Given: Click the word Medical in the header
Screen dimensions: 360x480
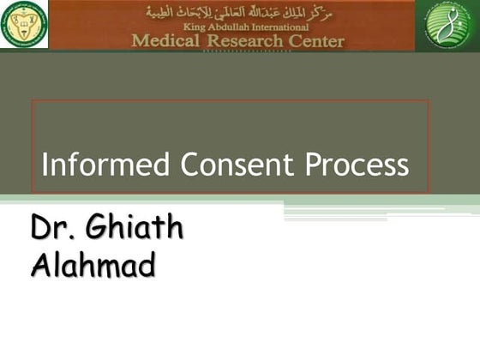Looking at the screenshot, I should [x=169, y=40].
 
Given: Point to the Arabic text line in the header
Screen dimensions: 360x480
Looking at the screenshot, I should [x=238, y=12].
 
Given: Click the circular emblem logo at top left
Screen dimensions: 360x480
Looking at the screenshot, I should [x=23, y=24].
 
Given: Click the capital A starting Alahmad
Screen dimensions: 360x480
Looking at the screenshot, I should [x=40, y=267].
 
